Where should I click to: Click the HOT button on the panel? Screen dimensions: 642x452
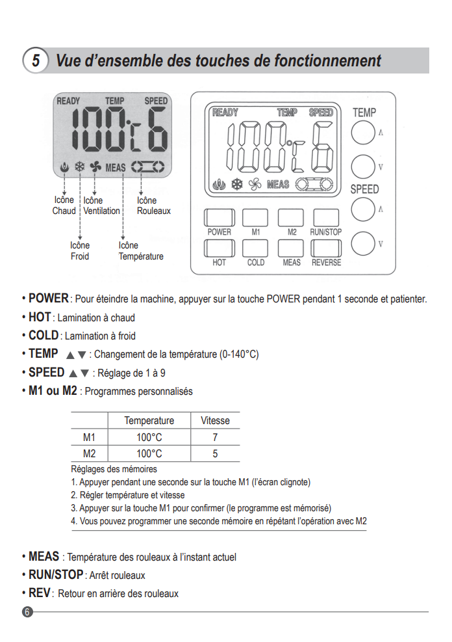[x=219, y=248]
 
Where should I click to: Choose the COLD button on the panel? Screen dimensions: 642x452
[x=255, y=248]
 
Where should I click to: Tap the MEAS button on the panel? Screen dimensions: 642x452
[x=291, y=248]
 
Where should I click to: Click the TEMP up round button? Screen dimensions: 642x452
[x=363, y=133]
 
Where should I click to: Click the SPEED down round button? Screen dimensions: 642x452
[x=363, y=244]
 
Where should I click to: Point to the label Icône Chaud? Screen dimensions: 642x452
[x=64, y=206]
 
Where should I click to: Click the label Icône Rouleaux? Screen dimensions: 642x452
[x=153, y=206]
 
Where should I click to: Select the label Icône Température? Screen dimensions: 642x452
[x=140, y=251]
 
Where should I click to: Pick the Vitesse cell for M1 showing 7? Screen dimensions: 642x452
[x=215, y=437]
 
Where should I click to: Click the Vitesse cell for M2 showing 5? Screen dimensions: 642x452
[x=215, y=454]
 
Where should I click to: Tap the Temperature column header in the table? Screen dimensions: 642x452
[x=149, y=421]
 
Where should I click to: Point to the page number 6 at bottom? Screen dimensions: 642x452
[x=27, y=612]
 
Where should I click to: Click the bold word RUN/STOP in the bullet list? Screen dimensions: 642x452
[x=56, y=575]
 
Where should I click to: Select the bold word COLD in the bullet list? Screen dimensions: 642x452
[x=44, y=336]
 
